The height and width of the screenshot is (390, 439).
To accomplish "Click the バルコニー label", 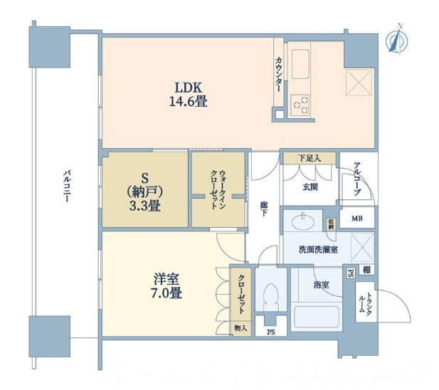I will click(66, 187).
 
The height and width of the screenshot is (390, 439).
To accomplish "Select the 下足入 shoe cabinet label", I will click(308, 158).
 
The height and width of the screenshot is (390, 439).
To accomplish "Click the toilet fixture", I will click(270, 295).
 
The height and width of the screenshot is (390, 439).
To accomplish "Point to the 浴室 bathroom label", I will click(322, 284).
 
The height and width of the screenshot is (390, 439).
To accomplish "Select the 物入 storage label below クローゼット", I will click(240, 328).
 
